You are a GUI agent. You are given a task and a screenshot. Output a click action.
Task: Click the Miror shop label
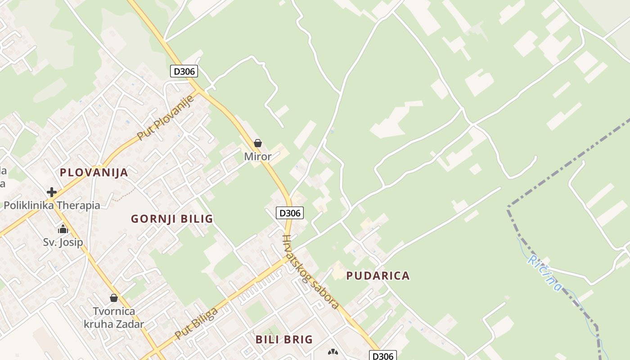(x=258, y=157)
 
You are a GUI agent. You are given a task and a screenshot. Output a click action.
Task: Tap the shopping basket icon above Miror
(x=258, y=144)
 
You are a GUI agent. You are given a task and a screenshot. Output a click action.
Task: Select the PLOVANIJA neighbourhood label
(x=94, y=172)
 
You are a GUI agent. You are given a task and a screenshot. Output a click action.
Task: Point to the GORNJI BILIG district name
(x=172, y=219)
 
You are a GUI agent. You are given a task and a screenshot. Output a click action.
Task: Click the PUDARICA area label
(x=378, y=276)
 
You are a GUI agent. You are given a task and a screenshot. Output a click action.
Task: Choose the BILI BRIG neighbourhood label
(x=284, y=339)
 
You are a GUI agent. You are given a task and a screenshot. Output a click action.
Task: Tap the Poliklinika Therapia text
(x=52, y=206)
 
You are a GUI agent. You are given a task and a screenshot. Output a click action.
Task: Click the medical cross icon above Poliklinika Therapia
(x=52, y=192)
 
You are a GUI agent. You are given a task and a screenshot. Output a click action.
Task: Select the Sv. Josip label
(x=63, y=243)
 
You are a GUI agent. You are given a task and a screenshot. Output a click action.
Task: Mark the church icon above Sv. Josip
(x=63, y=229)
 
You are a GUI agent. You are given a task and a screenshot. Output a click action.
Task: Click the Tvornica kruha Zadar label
(x=114, y=317)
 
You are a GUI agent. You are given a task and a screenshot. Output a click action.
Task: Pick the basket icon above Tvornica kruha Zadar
(x=114, y=298)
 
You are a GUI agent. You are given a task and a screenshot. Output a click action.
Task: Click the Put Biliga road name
(x=197, y=323)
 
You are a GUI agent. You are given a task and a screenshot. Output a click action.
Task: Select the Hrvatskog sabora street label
(x=310, y=272)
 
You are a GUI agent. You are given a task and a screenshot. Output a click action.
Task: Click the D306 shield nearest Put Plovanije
(x=184, y=71)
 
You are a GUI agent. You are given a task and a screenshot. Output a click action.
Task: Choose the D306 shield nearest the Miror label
(x=290, y=213)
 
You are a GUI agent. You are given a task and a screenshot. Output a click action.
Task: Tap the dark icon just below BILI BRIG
(x=333, y=352)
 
